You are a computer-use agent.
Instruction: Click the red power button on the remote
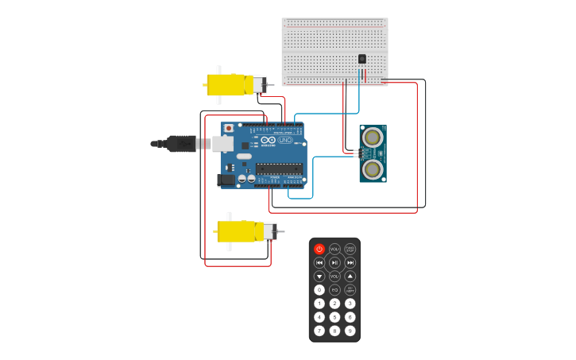point(319,250)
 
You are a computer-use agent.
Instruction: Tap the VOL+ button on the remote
point(334,250)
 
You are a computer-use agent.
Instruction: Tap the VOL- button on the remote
point(334,277)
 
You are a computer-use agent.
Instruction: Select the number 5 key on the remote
point(334,317)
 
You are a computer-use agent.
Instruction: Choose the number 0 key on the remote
point(319,290)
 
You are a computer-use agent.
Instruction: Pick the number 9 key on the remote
point(350,331)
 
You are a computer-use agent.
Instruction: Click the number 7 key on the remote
point(319,331)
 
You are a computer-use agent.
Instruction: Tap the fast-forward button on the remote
point(350,263)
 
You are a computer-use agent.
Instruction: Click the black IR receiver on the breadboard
point(362,59)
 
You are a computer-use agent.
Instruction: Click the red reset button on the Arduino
point(229,128)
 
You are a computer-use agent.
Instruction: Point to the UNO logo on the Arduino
point(284,141)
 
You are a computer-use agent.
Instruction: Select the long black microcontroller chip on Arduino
point(278,168)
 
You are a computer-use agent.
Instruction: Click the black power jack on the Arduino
point(226,180)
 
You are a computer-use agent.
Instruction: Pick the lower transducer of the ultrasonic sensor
point(372,168)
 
